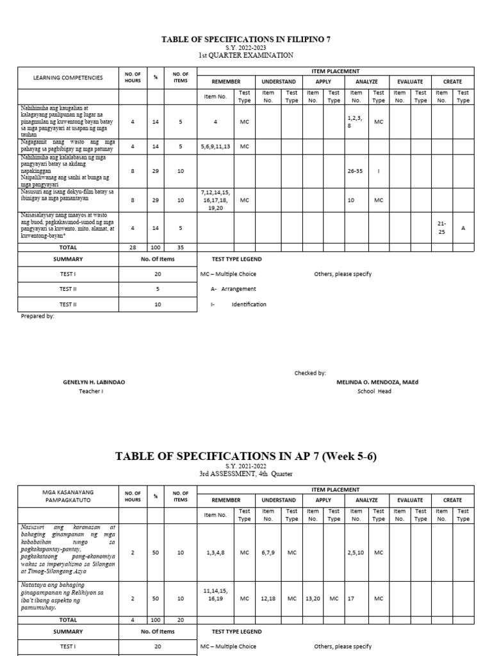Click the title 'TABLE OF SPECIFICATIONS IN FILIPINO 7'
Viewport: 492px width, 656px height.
pyautogui.click(x=246, y=39)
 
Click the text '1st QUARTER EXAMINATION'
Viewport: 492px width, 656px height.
pyautogui.click(x=246, y=55)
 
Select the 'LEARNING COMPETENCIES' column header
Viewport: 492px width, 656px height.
pyautogui.click(x=68, y=78)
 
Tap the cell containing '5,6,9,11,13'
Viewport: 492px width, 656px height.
pyautogui.click(x=216, y=146)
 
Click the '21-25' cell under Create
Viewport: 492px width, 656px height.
pyautogui.click(x=441, y=227)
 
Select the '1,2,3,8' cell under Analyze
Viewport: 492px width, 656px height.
pyautogui.click(x=356, y=122)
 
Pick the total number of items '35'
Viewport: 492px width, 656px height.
pyautogui.click(x=180, y=247)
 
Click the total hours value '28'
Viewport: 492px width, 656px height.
pyautogui.click(x=133, y=247)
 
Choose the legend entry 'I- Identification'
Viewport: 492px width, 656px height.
pyautogui.click(x=238, y=304)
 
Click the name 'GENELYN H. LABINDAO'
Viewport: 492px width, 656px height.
pyautogui.click(x=94, y=382)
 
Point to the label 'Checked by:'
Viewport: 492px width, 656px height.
pyautogui.click(x=310, y=373)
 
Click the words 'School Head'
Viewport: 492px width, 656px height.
pyautogui.click(x=374, y=391)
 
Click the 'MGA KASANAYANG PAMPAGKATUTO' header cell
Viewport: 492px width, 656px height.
pyautogui.click(x=68, y=495)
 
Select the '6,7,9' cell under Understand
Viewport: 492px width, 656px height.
pyautogui.click(x=268, y=552)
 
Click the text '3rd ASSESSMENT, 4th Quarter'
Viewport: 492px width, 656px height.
pyautogui.click(x=246, y=473)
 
